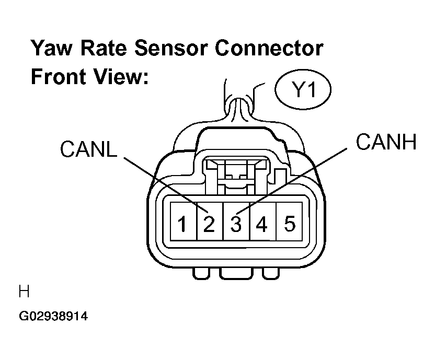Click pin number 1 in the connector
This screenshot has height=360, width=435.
182,224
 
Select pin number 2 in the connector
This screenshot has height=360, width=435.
209,224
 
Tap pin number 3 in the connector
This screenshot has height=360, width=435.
236,224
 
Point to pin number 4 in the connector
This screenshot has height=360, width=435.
261,224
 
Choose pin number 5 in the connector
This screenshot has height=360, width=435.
290,224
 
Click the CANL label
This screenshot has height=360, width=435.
89,149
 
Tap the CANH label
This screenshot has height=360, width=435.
386,142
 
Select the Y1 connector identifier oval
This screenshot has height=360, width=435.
303,89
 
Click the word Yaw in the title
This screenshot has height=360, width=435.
51,48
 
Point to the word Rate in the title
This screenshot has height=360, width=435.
104,48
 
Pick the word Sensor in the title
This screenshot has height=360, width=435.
171,48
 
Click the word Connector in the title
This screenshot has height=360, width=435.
269,48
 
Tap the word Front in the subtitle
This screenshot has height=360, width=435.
58,76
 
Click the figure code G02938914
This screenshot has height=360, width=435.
53,316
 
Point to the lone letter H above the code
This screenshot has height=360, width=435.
24,292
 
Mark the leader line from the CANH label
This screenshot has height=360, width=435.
292,181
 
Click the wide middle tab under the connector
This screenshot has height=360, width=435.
236,273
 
